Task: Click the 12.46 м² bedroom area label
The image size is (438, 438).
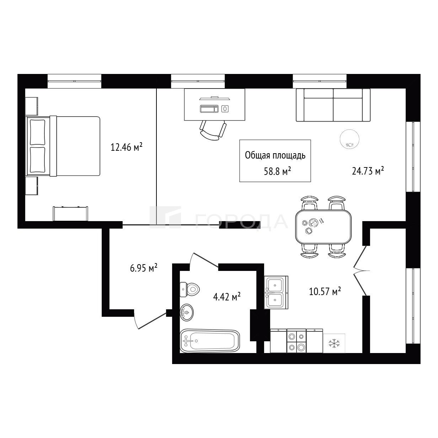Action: (126, 147)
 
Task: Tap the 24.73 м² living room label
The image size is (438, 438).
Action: (368, 171)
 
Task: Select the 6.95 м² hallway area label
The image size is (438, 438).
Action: (144, 268)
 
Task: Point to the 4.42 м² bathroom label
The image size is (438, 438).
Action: (227, 297)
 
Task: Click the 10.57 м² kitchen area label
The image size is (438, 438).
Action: (325, 291)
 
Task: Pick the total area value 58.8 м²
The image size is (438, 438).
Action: (278, 171)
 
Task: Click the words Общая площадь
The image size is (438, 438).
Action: (275, 155)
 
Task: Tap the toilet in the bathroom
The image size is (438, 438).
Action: (189, 290)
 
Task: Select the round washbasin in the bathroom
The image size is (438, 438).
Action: (187, 313)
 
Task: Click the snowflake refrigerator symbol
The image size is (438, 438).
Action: (334, 343)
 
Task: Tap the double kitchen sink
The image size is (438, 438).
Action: (276, 292)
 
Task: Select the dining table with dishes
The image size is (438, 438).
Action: (323, 227)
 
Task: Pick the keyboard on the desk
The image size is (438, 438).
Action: (209, 109)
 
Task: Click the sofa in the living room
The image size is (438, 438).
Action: (333, 105)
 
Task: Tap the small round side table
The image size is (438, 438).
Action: (349, 139)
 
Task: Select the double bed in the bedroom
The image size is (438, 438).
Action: (64, 146)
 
